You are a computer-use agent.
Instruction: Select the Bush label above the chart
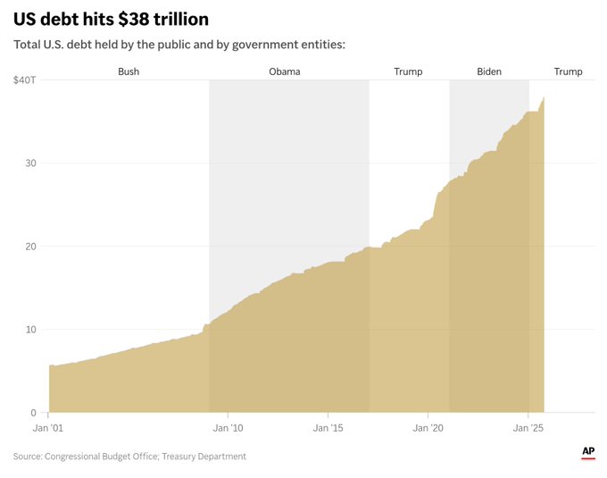129,71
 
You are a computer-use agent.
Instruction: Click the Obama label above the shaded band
285,71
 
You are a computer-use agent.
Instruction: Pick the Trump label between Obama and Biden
408,71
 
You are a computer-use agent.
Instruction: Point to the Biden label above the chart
489,71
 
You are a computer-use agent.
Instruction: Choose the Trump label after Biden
568,71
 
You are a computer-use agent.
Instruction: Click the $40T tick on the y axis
24,80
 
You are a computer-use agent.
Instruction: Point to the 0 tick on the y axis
33,413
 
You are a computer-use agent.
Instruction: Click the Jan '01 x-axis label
48,429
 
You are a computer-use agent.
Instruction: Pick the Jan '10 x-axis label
229,429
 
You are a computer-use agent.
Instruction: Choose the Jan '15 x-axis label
328,429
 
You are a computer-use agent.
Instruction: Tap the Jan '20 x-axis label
428,429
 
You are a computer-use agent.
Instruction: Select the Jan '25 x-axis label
528,429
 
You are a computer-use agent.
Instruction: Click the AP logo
588,453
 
